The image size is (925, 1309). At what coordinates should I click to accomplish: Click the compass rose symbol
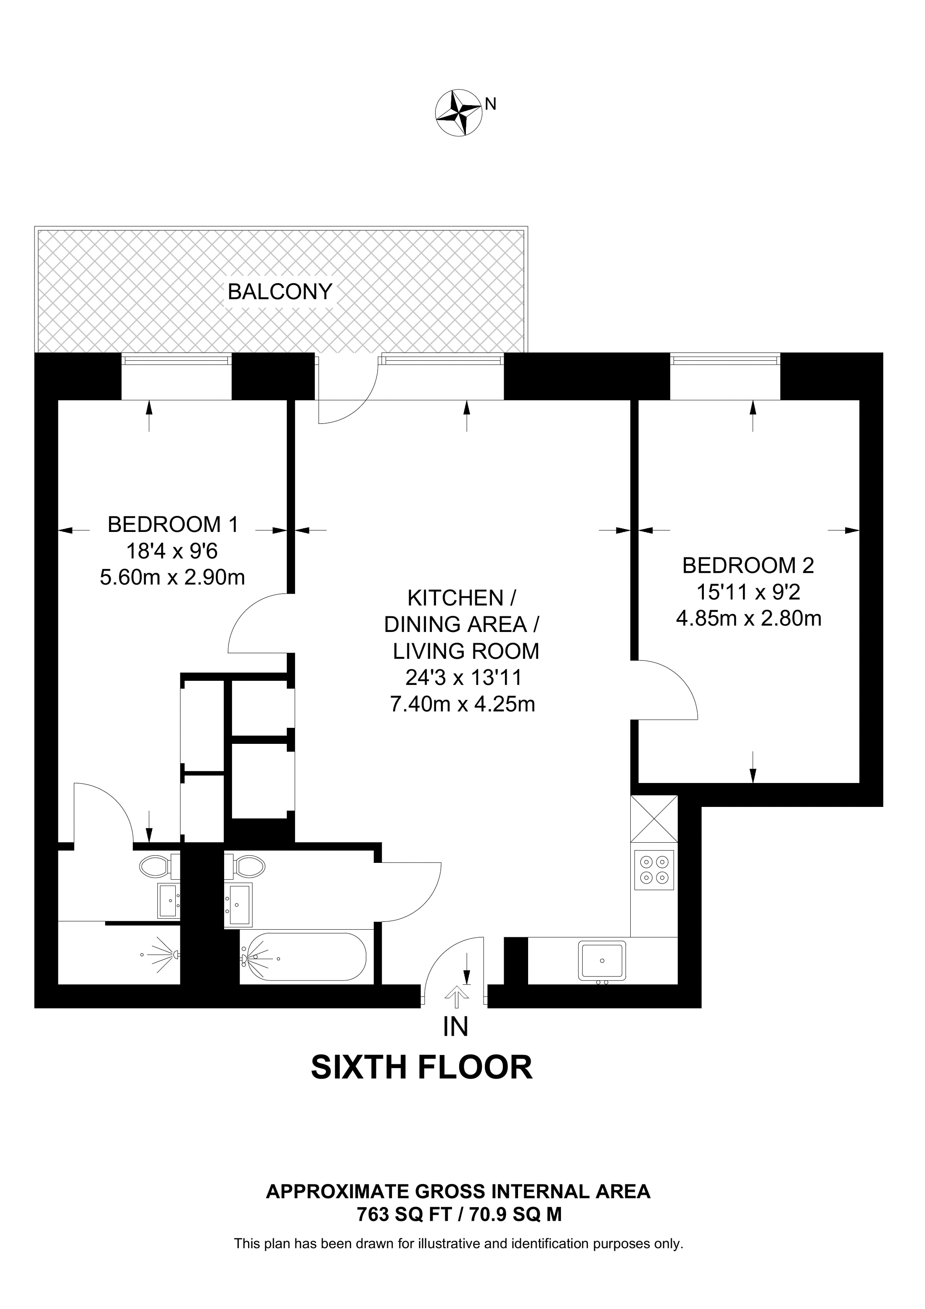pyautogui.click(x=458, y=112)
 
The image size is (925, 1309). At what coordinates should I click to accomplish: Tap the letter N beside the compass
pyautogui.click(x=490, y=104)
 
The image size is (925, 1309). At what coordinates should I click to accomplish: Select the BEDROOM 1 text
pyautogui.click(x=173, y=524)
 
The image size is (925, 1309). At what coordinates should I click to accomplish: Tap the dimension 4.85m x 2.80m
pyautogui.click(x=748, y=618)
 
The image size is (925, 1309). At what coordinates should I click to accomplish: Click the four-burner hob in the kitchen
pyautogui.click(x=654, y=870)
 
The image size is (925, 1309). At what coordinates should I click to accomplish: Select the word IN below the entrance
pyautogui.click(x=455, y=1026)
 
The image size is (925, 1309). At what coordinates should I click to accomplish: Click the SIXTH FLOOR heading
pyautogui.click(x=421, y=1068)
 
